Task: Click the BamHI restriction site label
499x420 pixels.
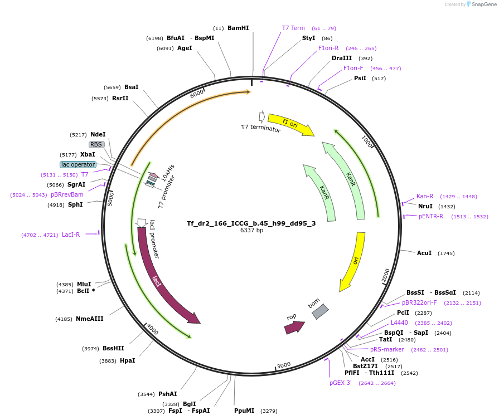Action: coord(238,28)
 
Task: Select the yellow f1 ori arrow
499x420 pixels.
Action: coord(291,124)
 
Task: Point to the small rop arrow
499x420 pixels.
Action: coord(294,327)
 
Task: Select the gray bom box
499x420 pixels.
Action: coord(320,311)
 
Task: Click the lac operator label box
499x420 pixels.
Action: coord(78,164)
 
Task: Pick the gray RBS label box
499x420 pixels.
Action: coord(96,144)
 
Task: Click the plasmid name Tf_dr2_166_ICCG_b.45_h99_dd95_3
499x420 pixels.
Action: coord(251,223)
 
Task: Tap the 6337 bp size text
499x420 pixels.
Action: coord(251,230)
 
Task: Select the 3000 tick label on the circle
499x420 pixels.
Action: coord(284,365)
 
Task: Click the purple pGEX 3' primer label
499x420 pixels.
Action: coord(341,383)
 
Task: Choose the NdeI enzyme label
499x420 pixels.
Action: coord(98,134)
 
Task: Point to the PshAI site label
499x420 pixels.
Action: coord(168,394)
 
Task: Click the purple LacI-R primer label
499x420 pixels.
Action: coord(71,235)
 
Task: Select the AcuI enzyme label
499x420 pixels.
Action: coord(424,253)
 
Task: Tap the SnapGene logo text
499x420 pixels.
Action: coord(484,4)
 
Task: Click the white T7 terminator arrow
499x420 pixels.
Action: coord(261,117)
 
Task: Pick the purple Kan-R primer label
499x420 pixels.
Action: coord(425,196)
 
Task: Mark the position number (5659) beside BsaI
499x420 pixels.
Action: coord(112,87)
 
